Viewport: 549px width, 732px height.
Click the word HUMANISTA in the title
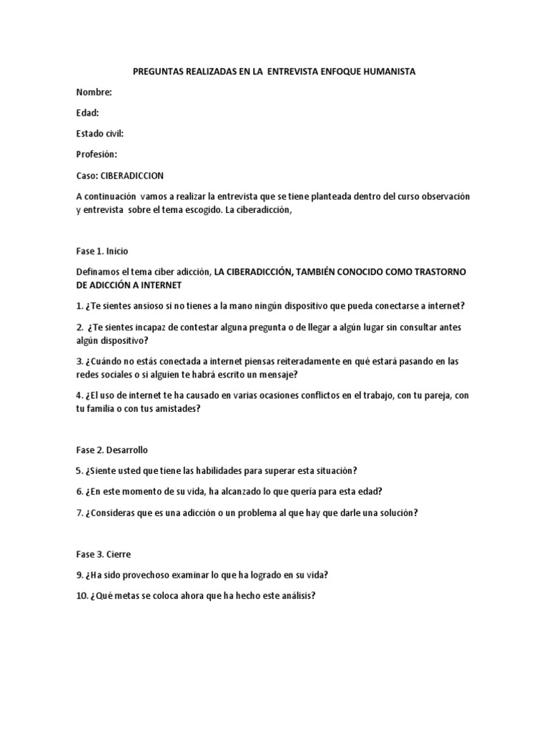click(388, 72)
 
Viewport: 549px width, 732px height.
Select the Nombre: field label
click(94, 92)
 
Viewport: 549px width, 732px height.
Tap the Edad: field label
click(87, 113)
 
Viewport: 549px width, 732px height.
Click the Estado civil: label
click(100, 134)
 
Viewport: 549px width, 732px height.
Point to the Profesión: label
click(97, 154)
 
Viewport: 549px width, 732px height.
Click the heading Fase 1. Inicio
click(102, 251)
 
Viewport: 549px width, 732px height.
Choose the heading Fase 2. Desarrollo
click(112, 450)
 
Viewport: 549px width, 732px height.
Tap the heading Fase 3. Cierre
click(103, 554)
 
